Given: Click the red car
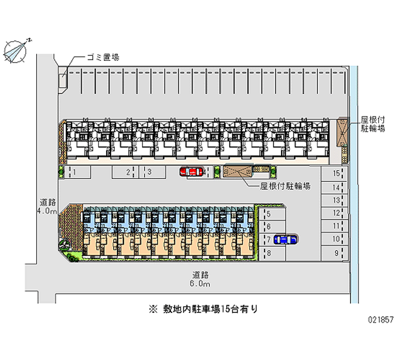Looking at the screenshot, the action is click(191, 172).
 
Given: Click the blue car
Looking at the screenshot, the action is click(285, 240).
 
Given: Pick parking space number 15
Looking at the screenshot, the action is click(335, 174).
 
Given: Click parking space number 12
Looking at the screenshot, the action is click(335, 213).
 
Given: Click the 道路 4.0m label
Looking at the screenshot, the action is click(48, 206).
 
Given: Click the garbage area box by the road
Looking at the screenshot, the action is click(63, 79).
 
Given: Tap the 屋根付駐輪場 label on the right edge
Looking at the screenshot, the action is click(373, 124).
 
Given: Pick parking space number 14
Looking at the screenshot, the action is click(335, 187).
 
